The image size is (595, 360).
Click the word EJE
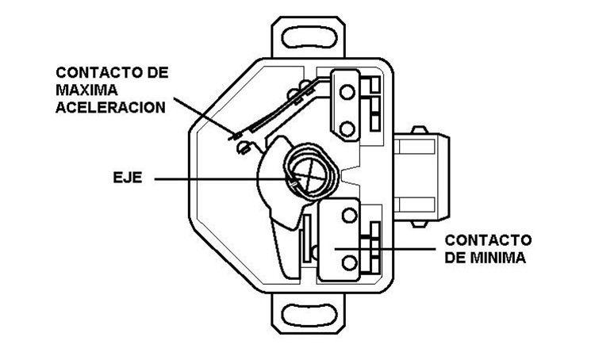coord(128,178)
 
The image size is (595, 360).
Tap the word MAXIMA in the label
coord(86,90)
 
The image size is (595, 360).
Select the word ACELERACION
coord(111,107)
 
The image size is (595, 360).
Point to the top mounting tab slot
coord(309,37)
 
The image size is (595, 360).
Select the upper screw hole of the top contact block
coord(347,91)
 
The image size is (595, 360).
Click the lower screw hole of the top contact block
coord(347,128)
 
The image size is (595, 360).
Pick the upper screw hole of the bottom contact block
coord(349,216)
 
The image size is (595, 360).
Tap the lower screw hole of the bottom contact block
coord(349,262)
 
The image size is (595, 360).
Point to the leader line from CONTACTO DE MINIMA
coord(385,249)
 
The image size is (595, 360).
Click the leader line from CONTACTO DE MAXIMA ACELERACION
coord(204,117)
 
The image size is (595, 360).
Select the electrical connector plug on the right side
coord(421,176)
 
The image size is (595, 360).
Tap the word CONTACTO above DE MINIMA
coord(488,240)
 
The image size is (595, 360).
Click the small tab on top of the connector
coord(420,130)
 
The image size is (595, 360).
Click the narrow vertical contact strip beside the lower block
coord(306,238)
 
